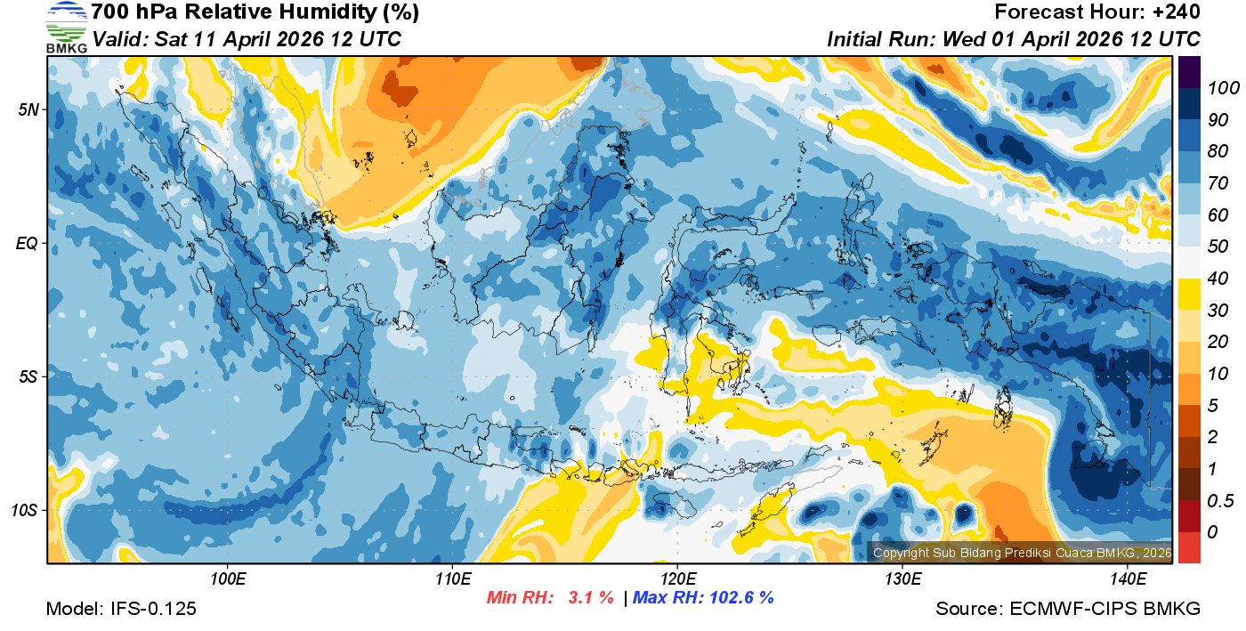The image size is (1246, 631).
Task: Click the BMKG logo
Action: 66,28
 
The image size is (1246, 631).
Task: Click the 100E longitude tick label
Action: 228,579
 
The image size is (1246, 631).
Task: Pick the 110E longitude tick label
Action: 453,579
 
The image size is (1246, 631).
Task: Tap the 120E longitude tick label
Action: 677,579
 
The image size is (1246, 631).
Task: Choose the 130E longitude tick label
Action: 902,579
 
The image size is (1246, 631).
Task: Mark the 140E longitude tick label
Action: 1127,579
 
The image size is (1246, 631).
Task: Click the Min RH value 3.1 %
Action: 591,597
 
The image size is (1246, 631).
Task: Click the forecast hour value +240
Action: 1176,12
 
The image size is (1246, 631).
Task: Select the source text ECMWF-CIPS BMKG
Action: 1105,609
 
